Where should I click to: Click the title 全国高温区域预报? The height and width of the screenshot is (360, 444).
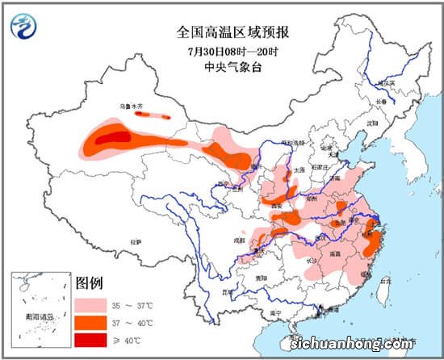[233, 32]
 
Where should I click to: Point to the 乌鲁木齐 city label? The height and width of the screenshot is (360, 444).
[133, 107]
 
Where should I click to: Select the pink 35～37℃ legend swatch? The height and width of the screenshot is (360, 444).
[93, 306]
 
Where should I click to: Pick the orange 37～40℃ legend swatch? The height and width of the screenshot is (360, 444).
[93, 324]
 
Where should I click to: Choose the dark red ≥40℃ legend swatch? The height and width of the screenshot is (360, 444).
[93, 341]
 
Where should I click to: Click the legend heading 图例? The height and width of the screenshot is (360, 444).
[89, 284]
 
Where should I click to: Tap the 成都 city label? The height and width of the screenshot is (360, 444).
[239, 240]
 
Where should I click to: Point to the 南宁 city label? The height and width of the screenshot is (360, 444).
[276, 312]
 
